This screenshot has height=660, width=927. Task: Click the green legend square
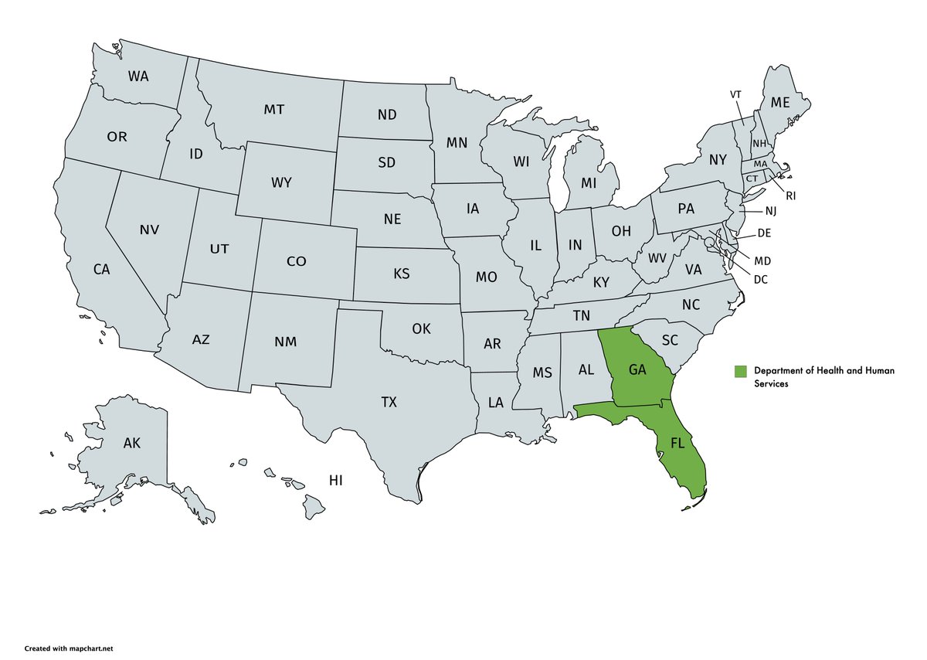(x=741, y=371)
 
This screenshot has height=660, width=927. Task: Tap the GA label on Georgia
(x=637, y=369)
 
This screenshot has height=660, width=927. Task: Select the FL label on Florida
(x=677, y=444)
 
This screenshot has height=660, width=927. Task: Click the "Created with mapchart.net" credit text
(x=73, y=648)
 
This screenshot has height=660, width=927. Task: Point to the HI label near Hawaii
(x=335, y=481)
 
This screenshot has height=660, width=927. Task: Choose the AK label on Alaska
(x=132, y=444)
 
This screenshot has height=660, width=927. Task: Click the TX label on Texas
(x=389, y=402)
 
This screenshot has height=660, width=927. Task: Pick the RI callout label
(x=790, y=196)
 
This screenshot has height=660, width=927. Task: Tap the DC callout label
(x=761, y=278)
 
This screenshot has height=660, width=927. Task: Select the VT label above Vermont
(x=735, y=94)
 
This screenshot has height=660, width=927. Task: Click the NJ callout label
(x=771, y=211)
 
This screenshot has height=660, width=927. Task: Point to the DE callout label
(x=765, y=233)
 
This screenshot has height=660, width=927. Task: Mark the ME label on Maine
(x=780, y=102)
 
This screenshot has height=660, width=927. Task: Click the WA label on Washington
(x=138, y=77)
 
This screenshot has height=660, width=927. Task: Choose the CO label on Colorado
(x=296, y=261)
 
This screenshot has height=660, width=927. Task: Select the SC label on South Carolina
(x=670, y=340)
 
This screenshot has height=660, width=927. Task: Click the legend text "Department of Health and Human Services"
(x=823, y=377)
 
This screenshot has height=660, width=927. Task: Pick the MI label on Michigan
(x=589, y=183)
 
